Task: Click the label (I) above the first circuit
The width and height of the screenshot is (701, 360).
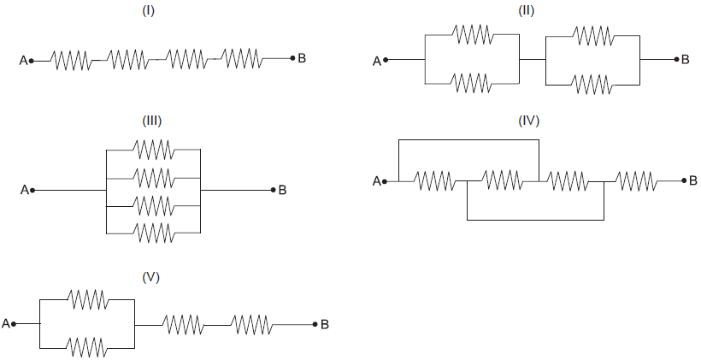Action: [x=149, y=14]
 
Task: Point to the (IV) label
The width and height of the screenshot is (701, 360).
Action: [x=529, y=121]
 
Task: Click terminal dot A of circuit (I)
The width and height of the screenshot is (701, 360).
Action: [x=32, y=60]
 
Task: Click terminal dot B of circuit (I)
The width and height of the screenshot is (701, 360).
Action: [x=292, y=58]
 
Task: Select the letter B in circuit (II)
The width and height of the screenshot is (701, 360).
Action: [x=686, y=60]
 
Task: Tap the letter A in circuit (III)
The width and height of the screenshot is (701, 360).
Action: [x=24, y=190]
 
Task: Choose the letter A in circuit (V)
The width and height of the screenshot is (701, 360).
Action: [x=6, y=323]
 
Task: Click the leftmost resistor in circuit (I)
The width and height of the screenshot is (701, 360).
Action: [x=72, y=60]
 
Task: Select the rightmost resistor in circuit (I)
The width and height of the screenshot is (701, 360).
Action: [x=242, y=59]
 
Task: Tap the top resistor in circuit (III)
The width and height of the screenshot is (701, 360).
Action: [x=154, y=150]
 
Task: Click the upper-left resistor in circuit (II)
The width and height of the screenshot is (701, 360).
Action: [x=472, y=35]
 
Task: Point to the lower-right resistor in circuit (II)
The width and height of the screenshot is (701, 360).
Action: [x=592, y=84]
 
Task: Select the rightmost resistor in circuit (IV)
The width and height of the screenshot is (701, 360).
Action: [x=637, y=180]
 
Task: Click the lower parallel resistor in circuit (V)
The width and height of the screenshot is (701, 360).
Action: [x=88, y=346]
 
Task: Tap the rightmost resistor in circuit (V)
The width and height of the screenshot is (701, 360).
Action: [x=251, y=324]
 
